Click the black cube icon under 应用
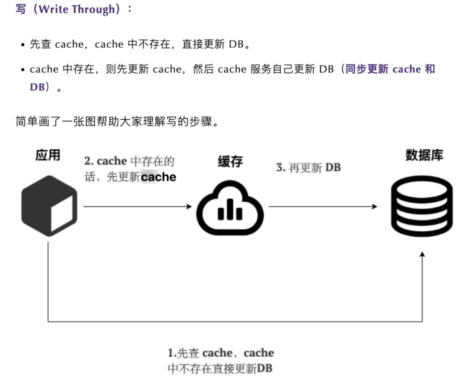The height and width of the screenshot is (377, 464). (49, 206)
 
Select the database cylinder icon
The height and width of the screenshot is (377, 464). (422, 206)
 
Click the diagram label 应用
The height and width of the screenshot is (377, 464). (48, 155)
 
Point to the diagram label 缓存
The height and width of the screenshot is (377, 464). (230, 161)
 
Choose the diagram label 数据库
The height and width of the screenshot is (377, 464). (424, 155)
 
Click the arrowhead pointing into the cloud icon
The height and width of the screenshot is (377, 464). (189, 207)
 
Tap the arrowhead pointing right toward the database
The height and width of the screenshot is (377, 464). (375, 207)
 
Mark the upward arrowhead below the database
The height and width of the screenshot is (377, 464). (422, 255)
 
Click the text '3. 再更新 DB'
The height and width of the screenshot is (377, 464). (308, 167)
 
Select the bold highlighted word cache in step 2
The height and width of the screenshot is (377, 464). (158, 177)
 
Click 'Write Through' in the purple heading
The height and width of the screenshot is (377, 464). (77, 9)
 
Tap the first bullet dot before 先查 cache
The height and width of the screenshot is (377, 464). (23, 45)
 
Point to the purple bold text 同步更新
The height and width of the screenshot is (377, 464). (367, 69)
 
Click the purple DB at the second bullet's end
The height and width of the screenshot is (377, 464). (37, 87)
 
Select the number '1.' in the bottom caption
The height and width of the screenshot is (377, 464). (172, 353)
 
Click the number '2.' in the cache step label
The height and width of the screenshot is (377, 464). (89, 161)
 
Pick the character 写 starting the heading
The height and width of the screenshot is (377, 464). (21, 9)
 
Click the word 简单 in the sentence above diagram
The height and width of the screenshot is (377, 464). (27, 121)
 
